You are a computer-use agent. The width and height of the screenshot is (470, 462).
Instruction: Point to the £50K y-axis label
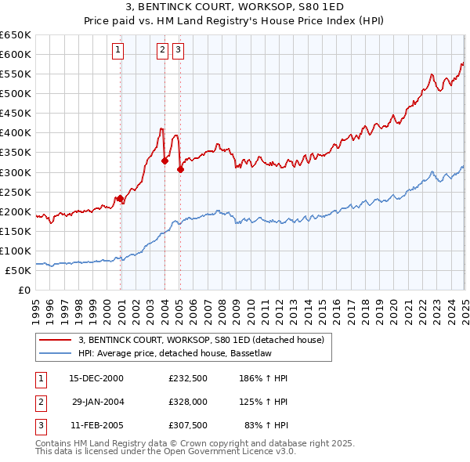[x=17, y=270]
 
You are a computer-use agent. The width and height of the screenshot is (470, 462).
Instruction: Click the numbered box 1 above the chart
[x=117, y=51]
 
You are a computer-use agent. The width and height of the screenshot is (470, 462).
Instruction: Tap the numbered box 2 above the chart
[x=162, y=51]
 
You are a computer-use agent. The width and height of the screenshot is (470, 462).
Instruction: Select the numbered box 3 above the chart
[x=178, y=51]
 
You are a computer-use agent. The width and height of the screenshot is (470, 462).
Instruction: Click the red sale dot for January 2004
[x=164, y=161]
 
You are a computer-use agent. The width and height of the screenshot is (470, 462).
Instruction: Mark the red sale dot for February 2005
[x=180, y=169]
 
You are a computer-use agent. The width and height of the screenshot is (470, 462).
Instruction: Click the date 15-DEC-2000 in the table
[x=96, y=378]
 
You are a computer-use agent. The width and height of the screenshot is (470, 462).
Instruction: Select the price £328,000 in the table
[x=187, y=402]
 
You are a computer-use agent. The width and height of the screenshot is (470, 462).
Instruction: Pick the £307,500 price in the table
[x=187, y=427]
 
